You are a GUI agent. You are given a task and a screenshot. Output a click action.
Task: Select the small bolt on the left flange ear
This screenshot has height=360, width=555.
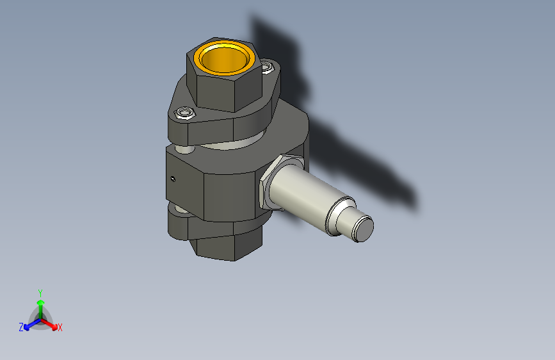[x=185, y=113]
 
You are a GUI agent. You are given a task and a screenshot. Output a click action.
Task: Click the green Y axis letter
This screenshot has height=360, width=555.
[x=40, y=292]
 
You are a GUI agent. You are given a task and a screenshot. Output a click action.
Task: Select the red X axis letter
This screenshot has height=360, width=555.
[x=60, y=328]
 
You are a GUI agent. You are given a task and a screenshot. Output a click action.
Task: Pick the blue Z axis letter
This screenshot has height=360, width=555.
[x=21, y=327]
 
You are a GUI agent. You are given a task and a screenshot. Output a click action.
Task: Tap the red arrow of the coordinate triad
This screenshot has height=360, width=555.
[x=52, y=324]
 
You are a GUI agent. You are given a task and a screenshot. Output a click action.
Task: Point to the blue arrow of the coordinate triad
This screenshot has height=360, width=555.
[x=29, y=325]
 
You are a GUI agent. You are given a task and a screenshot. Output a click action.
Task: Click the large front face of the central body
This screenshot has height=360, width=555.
[x=230, y=192]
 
